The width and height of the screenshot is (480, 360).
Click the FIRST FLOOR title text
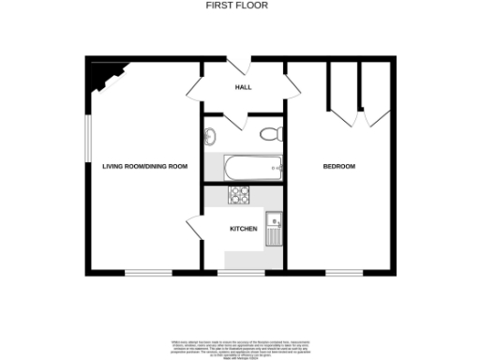(237, 5)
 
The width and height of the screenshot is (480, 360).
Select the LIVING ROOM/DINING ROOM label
(144, 166)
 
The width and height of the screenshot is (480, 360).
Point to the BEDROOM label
(339, 166)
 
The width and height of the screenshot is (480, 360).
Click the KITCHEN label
(244, 228)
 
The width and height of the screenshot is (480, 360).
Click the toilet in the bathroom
(271, 132)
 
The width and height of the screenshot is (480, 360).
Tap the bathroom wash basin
(209, 134)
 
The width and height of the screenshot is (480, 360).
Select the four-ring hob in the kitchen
(240, 195)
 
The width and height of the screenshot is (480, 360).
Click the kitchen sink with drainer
(274, 228)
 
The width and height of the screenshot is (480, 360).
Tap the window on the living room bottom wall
(148, 273)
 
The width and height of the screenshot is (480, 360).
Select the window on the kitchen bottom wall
(241, 273)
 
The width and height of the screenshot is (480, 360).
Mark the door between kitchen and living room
(196, 228)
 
